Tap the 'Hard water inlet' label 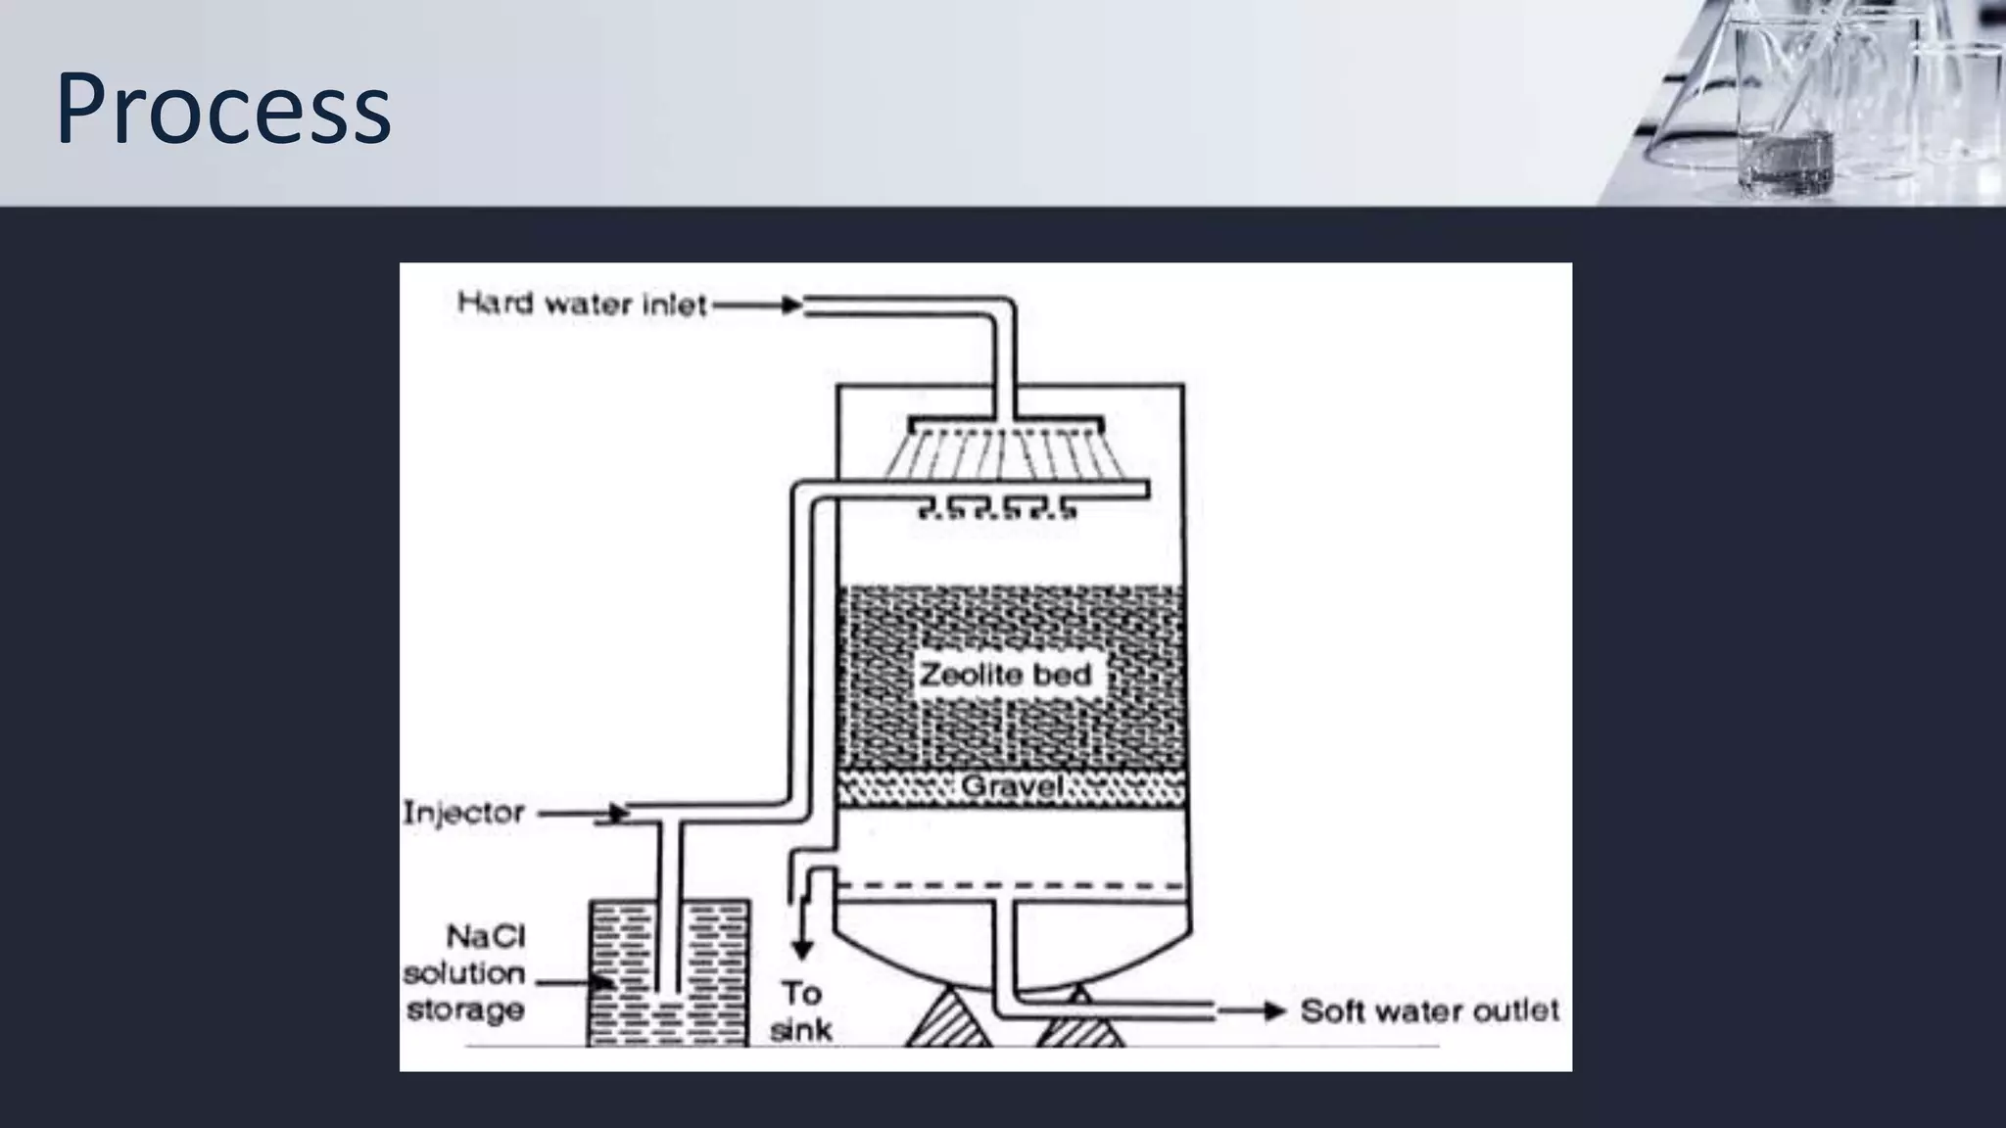pos(582,305)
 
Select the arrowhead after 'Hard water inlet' pos(791,305)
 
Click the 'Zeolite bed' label pos(1005,674)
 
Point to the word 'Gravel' pos(1012,786)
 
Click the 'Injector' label pos(463,813)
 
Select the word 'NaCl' pos(486,937)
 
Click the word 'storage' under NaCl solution pos(465,1010)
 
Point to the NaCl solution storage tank pos(668,973)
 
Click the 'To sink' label pos(801,1011)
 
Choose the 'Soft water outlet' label pos(1429,1010)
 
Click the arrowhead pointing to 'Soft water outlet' pos(1273,1011)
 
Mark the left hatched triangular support pos(947,1019)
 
